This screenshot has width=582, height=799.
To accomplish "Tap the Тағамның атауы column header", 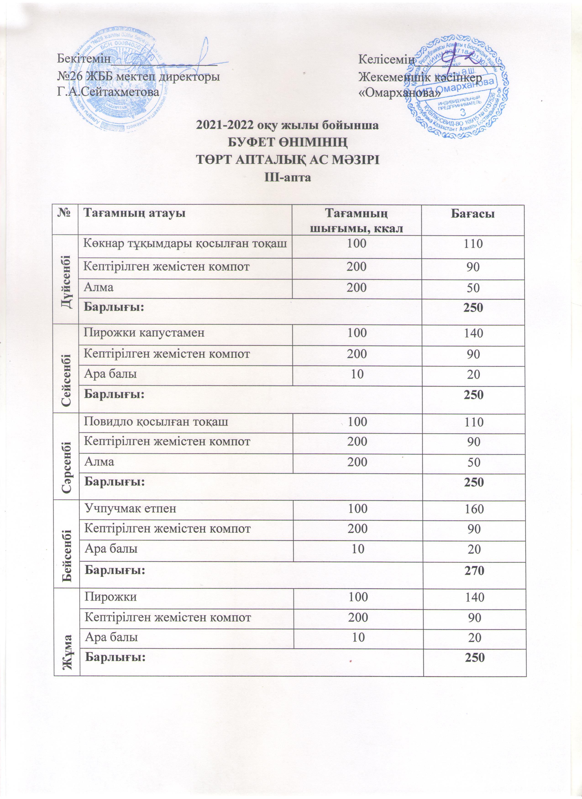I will tap(134, 213).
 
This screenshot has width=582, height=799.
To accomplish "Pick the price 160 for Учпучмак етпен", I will tap(474, 509).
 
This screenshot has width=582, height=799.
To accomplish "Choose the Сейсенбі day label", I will tap(66, 369).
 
